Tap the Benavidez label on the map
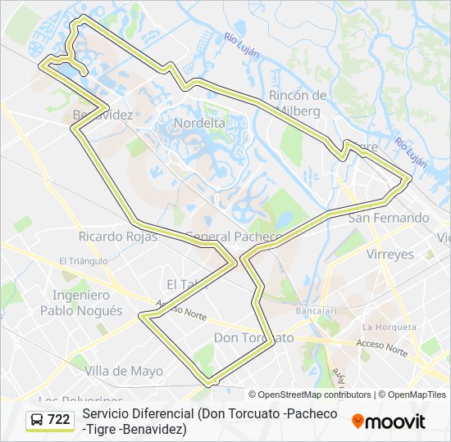[102, 115]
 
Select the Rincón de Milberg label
[298, 102]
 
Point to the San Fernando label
[389, 218]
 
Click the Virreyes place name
[390, 254]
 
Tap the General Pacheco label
[234, 237]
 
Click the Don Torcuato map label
[253, 337]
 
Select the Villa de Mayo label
[124, 371]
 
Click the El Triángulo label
[84, 261]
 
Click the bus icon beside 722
[36, 420]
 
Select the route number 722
[59, 420]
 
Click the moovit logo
[389, 421]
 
